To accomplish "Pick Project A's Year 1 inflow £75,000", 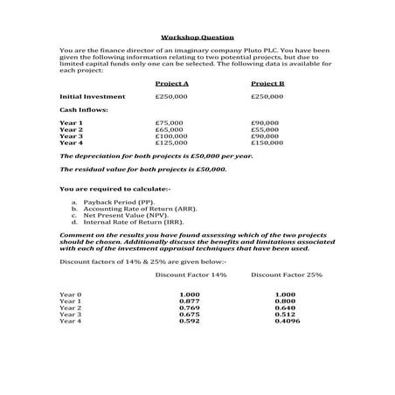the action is pyautogui.click(x=170, y=123).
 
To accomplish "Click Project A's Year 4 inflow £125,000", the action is pyautogui.click(x=171, y=143).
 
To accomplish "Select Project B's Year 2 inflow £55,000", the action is pyautogui.click(x=264, y=130).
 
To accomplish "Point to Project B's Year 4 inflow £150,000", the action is pyautogui.click(x=267, y=143).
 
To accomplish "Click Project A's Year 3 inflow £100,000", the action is pyautogui.click(x=171, y=136).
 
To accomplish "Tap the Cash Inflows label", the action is pyautogui.click(x=80, y=110).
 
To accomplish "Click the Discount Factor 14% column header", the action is pyautogui.click(x=191, y=274).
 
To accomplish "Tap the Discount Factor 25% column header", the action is pyautogui.click(x=287, y=274).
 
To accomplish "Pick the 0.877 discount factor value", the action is pyautogui.click(x=190, y=301).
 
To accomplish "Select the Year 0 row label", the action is pyautogui.click(x=71, y=295).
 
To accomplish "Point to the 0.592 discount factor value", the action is pyautogui.click(x=190, y=322).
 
